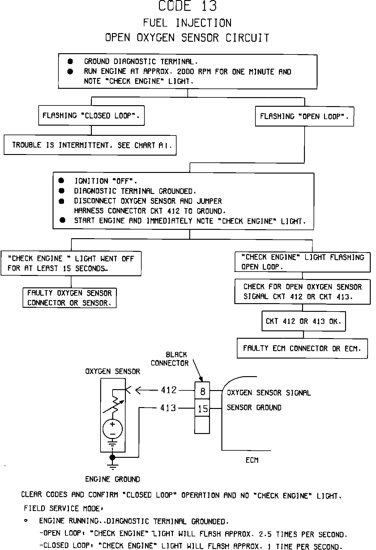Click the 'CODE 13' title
pyautogui.click(x=188, y=6)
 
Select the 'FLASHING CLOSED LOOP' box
pyautogui.click(x=91, y=116)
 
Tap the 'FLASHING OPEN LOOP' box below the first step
pyautogui.click(x=304, y=117)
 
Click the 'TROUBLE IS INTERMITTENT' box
pyautogui.click(x=90, y=145)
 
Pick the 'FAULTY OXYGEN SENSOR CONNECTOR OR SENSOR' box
pyautogui.click(x=69, y=298)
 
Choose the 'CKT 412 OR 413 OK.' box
pyautogui.click(x=303, y=321)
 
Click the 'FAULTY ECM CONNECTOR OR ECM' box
pyautogui.click(x=302, y=349)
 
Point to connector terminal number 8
pyautogui.click(x=203, y=392)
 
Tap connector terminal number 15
pyautogui.click(x=203, y=409)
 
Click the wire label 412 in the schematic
pyautogui.click(x=169, y=390)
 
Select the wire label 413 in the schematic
pyautogui.click(x=168, y=408)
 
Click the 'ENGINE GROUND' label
pyautogui.click(x=113, y=479)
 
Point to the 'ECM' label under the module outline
pyautogui.click(x=252, y=460)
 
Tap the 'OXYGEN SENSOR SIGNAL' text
pyautogui.click(x=269, y=393)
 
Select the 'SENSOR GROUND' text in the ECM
pyautogui.click(x=254, y=408)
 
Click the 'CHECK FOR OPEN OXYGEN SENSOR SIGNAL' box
pyautogui.click(x=302, y=292)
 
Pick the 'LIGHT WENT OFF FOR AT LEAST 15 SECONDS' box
pyautogui.click(x=71, y=263)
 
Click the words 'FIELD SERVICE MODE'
pyautogui.click(x=62, y=509)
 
